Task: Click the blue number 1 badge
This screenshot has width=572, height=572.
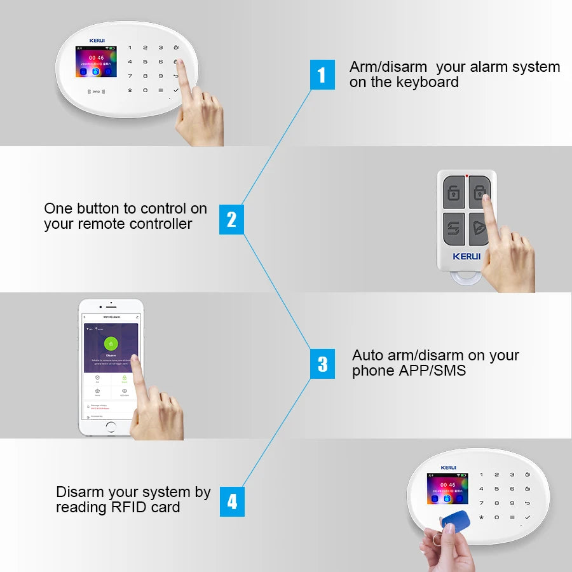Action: point(322,75)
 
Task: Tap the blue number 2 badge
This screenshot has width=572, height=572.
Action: point(231,219)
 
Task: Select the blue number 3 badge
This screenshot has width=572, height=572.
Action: point(322,364)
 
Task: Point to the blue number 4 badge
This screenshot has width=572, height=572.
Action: point(232,501)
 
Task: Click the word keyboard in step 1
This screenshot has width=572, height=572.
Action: point(427,82)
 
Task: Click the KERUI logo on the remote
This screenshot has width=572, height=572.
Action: point(466,256)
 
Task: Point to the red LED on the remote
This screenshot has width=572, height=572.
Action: point(467,175)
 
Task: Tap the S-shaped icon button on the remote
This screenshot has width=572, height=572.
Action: point(453,228)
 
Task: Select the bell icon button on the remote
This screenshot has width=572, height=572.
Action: point(480,229)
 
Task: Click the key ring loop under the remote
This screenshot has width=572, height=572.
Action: point(467,280)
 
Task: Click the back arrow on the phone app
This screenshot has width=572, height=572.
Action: point(85,316)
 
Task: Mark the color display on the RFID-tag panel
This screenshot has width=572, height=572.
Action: point(447,488)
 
